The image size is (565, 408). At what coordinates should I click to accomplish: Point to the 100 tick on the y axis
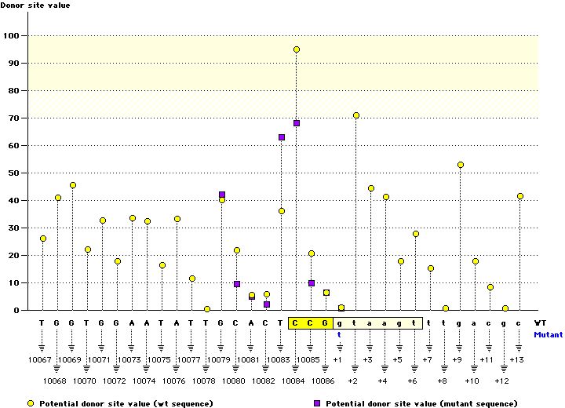tap(13, 35)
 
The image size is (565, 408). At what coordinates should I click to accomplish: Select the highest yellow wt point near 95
tap(297, 49)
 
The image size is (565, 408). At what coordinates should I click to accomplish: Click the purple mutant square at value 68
tap(297, 123)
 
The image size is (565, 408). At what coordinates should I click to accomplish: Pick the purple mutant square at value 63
tap(282, 137)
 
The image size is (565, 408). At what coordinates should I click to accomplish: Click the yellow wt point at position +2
tap(356, 115)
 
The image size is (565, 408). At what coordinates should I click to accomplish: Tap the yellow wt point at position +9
tap(461, 165)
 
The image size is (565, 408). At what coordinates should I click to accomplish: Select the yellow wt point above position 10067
tap(42, 239)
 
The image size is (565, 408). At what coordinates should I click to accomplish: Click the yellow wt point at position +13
tap(520, 196)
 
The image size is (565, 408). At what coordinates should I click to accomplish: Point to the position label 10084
tap(296, 381)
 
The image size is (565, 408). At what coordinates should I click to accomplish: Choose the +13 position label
tap(516, 359)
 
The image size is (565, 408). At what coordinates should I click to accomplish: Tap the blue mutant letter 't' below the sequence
tap(340, 334)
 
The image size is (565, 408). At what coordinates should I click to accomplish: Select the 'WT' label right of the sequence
tap(540, 322)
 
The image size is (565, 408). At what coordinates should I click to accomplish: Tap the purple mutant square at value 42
tap(222, 195)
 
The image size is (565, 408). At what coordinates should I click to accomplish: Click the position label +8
tap(442, 381)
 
